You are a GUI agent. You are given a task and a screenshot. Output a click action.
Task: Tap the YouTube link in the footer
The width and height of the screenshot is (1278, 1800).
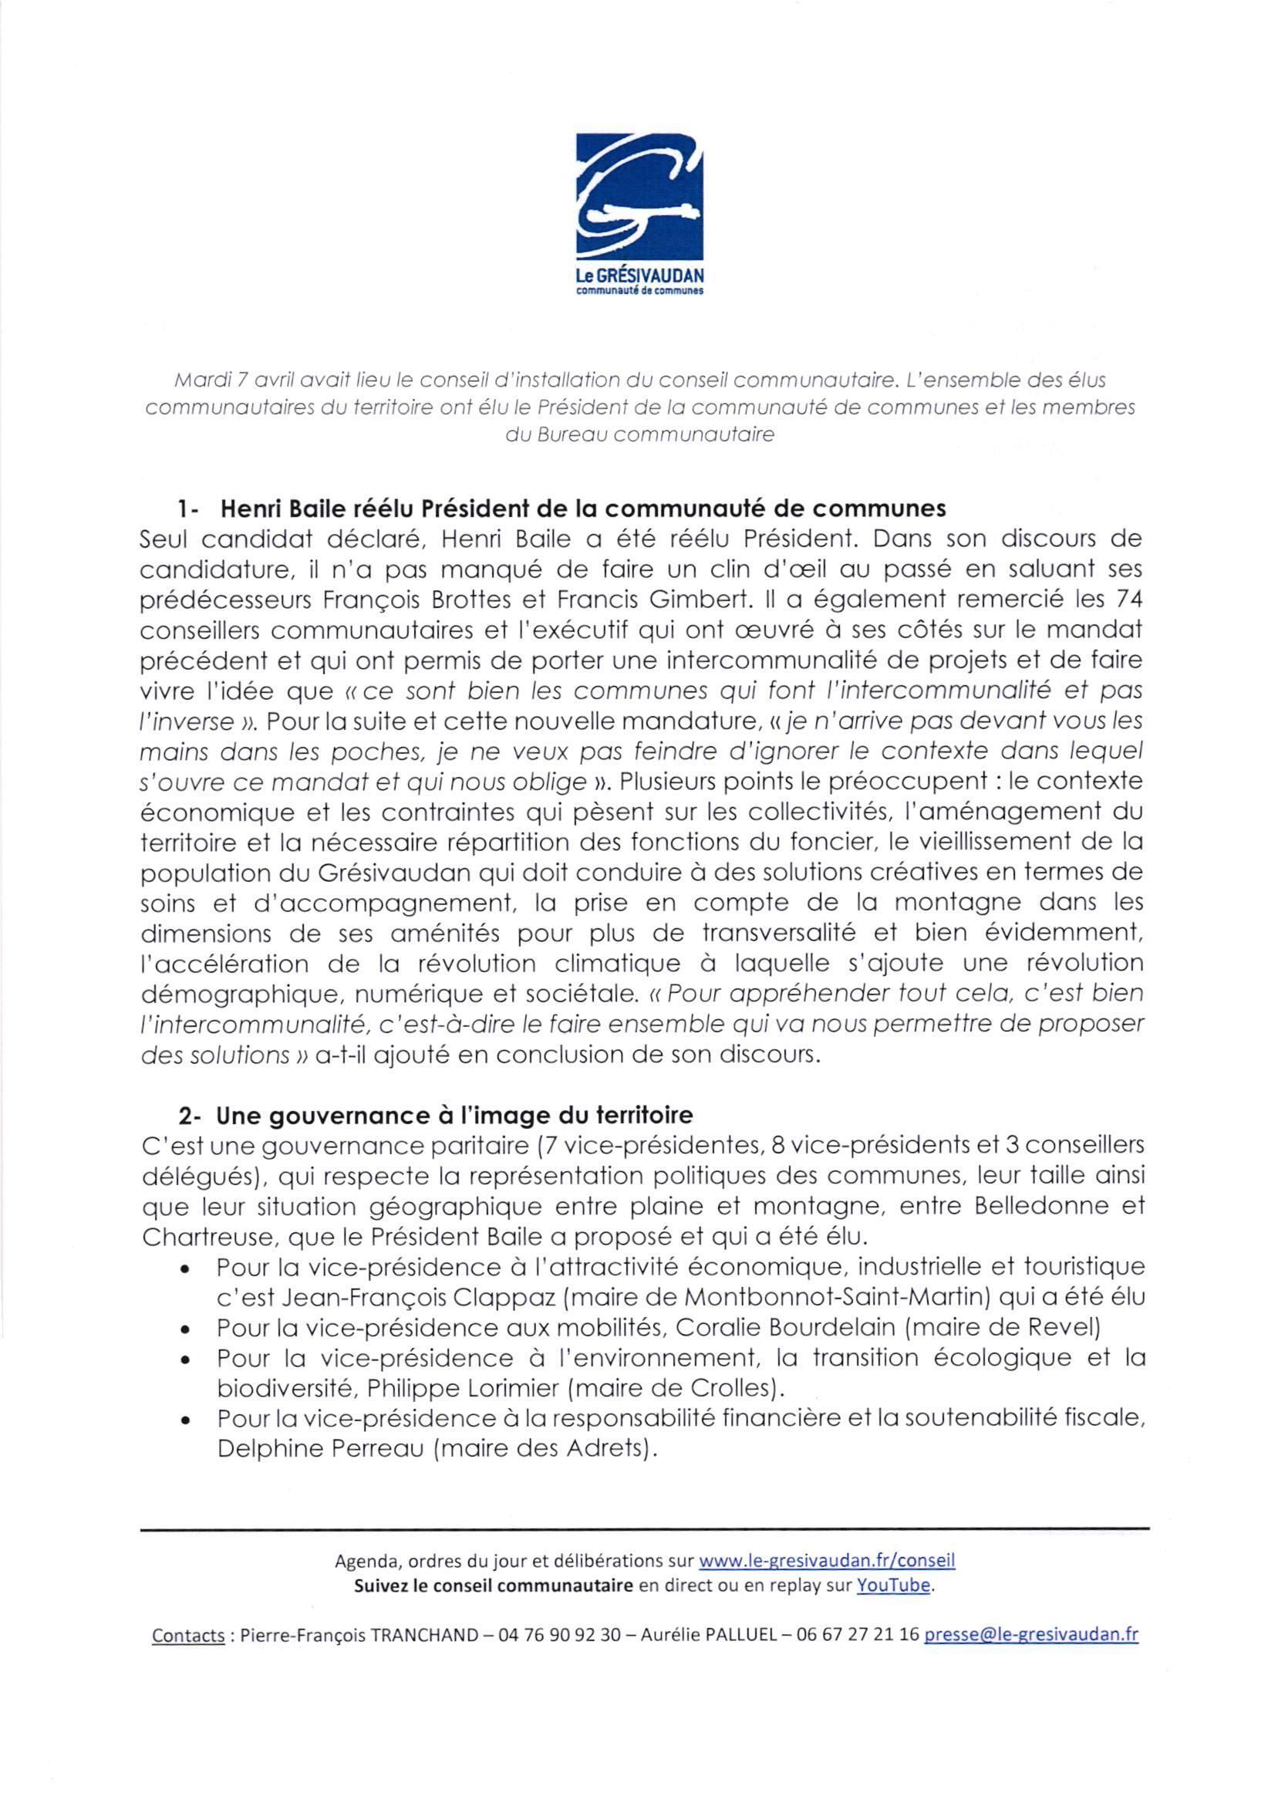coord(893,1586)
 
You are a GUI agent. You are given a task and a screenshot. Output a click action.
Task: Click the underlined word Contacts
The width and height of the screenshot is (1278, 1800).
coord(188,1635)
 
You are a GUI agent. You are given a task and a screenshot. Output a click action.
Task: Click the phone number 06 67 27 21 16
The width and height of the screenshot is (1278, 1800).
coord(858,1635)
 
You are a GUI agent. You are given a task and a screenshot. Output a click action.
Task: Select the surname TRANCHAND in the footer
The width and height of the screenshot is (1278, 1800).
coord(424,1635)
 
